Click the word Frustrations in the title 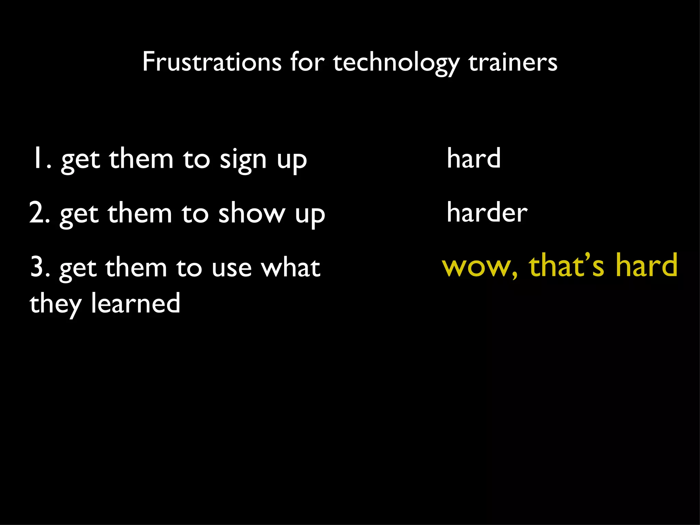tap(212, 62)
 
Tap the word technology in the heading tap(396, 63)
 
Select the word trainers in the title tap(513, 62)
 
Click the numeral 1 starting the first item tap(37, 158)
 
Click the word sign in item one tap(243, 160)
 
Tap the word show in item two tap(252, 213)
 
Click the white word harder tap(487, 212)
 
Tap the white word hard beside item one tap(474, 158)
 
